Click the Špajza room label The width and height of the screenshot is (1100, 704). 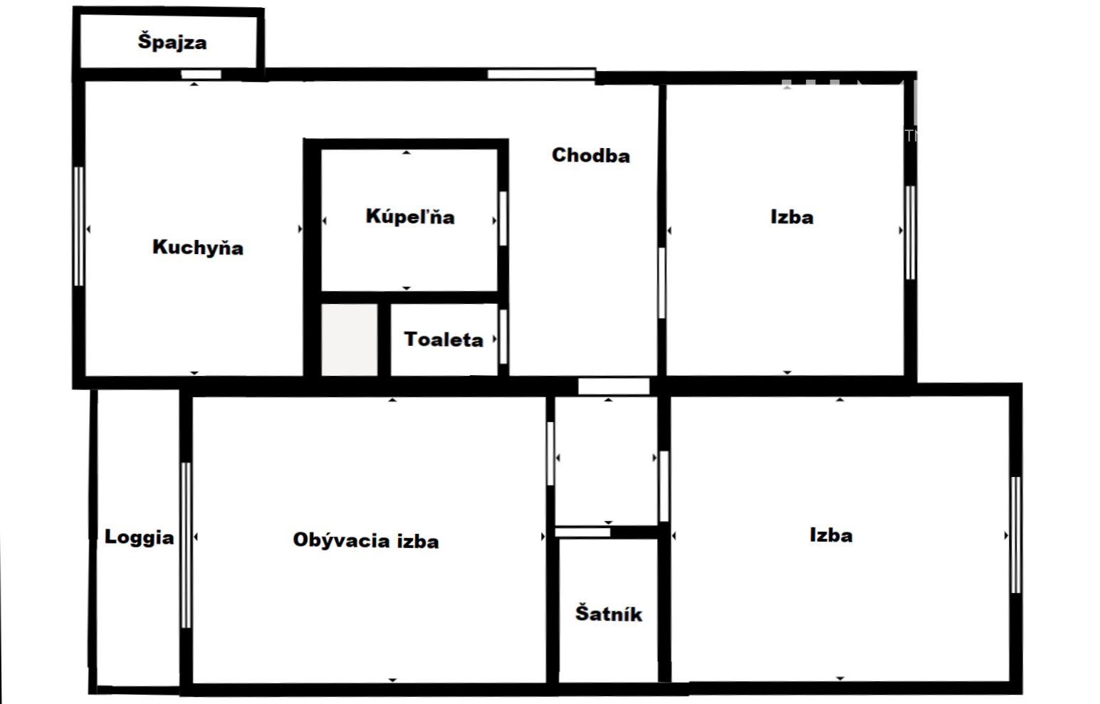tap(172, 42)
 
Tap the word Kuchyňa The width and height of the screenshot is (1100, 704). tap(198, 248)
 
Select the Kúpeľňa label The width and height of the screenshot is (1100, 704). tap(411, 216)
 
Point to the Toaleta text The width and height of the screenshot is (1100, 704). tap(444, 340)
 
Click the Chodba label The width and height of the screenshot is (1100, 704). tap(591, 155)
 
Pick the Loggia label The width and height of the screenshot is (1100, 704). tap(140, 537)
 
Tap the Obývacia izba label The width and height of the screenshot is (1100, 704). tap(366, 540)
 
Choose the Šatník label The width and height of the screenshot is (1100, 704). tap(609, 614)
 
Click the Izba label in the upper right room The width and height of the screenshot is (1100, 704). tap(792, 217)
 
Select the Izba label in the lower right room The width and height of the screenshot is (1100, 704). tap(831, 535)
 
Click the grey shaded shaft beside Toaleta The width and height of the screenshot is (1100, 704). tap(350, 340)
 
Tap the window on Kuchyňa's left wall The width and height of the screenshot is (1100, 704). tap(78, 226)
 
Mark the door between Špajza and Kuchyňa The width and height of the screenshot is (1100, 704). tap(201, 75)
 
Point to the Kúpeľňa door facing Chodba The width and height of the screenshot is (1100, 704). tap(503, 219)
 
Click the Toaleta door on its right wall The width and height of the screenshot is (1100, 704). tap(503, 337)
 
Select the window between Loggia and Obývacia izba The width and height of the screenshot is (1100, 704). tap(186, 545)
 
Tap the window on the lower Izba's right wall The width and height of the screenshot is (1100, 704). tap(1016, 535)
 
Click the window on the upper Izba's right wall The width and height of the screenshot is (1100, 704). tap(911, 233)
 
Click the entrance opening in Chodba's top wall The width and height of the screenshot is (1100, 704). tap(541, 74)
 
